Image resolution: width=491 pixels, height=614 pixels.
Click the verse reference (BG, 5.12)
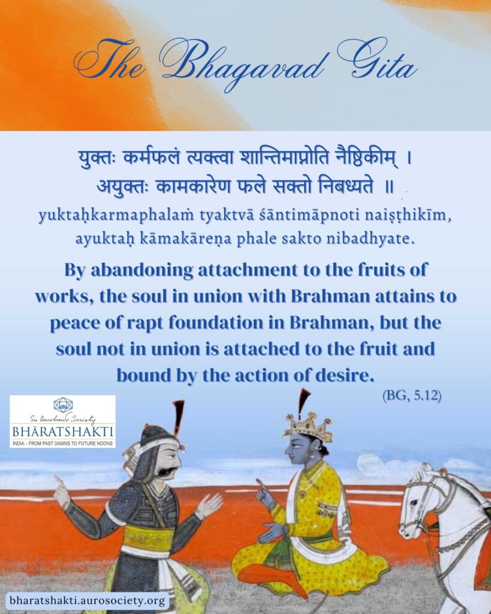click(x=412, y=396)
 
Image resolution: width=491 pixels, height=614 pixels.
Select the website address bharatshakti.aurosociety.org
click(x=87, y=600)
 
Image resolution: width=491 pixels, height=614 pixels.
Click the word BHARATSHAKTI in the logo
click(x=62, y=432)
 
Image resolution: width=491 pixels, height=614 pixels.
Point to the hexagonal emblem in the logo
click(x=62, y=405)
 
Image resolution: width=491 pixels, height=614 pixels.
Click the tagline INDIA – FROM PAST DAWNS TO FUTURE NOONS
click(x=62, y=443)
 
